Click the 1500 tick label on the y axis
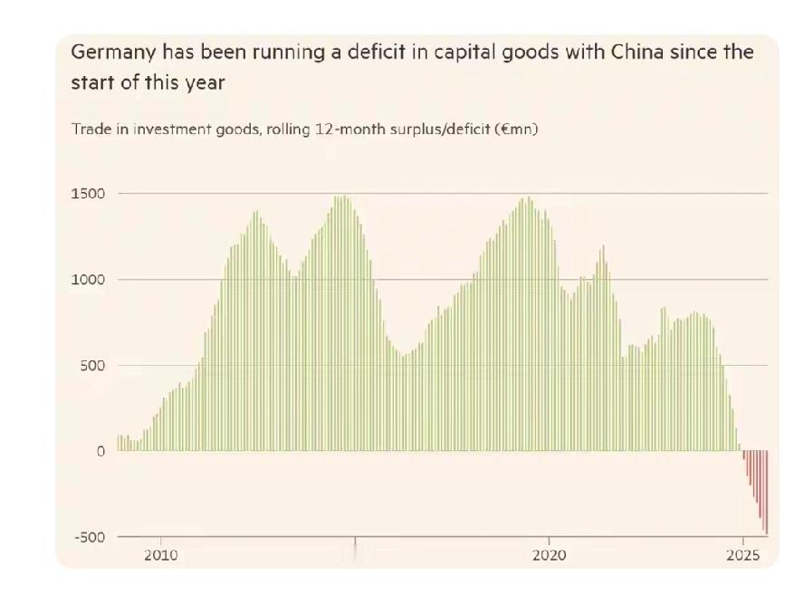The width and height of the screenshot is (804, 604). [88, 194]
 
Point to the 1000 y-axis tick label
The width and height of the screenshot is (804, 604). [88, 280]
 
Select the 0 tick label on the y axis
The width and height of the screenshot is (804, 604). [100, 452]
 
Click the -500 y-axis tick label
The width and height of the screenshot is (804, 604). [89, 537]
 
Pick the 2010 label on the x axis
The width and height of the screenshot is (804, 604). [161, 555]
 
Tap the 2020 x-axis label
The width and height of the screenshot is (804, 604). [550, 555]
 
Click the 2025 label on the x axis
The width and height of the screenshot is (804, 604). [743, 555]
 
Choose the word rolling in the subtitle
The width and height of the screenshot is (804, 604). [287, 129]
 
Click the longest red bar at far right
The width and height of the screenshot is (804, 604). [766, 494]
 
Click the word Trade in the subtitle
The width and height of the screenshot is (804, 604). [89, 129]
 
